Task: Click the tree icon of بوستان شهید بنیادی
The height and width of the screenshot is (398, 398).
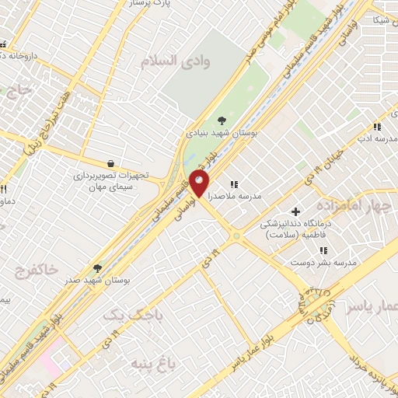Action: coord(222,120)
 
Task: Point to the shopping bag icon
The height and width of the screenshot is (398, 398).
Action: coord(111,164)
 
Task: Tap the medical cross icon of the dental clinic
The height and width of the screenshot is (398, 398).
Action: coord(295,211)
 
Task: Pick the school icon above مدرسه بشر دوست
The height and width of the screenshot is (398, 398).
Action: coord(323,250)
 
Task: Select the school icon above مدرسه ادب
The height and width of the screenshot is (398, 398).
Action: coord(377,127)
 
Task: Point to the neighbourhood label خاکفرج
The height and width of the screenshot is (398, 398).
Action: coord(36,270)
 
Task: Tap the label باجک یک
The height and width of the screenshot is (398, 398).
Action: coord(124,314)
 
